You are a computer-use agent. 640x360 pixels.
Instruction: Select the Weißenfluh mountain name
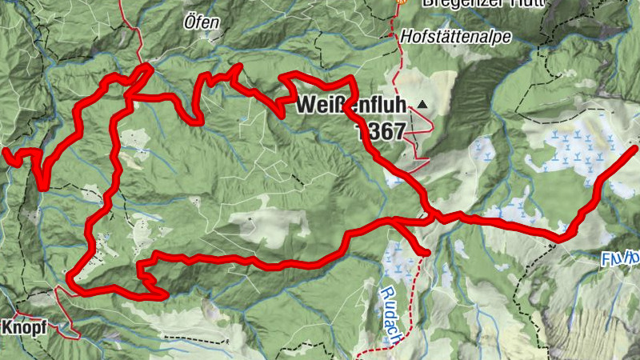(351, 105)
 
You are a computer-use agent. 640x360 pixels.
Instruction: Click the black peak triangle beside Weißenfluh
(422, 105)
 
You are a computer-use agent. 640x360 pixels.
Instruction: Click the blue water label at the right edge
(620, 259)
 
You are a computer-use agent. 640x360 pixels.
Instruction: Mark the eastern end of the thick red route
(636, 148)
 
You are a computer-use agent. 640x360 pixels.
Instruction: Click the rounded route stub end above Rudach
(426, 253)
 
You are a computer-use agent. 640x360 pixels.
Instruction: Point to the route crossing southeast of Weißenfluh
(433, 215)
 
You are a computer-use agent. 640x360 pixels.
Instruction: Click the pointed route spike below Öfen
(237, 67)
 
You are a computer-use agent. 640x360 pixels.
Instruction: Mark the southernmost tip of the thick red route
(164, 296)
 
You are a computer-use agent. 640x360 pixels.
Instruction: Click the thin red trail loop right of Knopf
(72, 324)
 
